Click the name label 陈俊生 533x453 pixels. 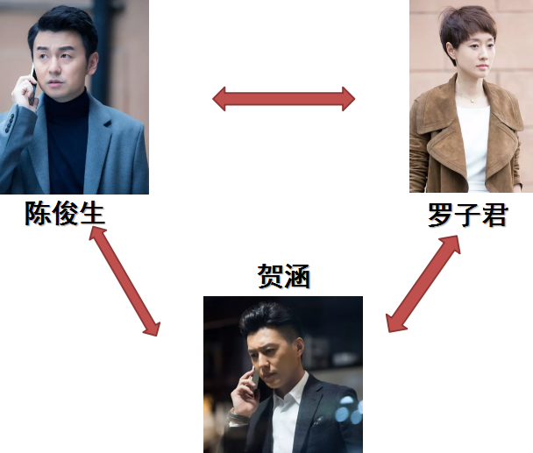coord(65,213)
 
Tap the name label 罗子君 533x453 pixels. coord(468,215)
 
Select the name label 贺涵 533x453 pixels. coord(284,276)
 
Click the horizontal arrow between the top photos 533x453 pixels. coord(283,99)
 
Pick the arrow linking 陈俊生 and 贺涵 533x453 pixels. coord(124,281)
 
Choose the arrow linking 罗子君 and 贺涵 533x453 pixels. coord(423,283)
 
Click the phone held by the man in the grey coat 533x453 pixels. coord(33,83)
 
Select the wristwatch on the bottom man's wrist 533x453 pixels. coord(236,416)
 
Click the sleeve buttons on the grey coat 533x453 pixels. coord(9,123)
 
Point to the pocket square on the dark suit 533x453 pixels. coord(318,421)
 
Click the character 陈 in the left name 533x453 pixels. coord(38,213)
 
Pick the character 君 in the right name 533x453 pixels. coord(495,215)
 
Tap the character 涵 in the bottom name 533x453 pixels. coord(297,276)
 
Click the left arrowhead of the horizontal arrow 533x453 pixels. coord(219,99)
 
